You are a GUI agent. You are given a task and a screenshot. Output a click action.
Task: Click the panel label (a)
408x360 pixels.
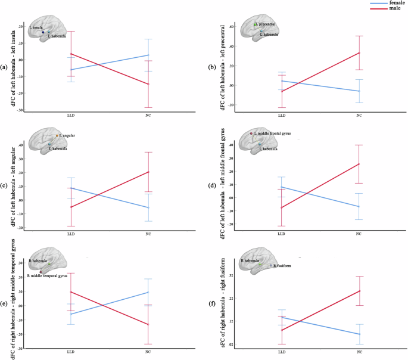(4, 67)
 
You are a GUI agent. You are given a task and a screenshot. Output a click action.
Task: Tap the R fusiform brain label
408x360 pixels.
(284, 266)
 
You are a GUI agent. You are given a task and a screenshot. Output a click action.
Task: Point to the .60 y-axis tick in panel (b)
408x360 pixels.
(230, 27)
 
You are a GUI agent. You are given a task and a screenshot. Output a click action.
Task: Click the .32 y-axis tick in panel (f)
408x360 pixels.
(230, 275)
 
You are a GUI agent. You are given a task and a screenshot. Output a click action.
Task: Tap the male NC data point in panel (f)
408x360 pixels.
(359, 291)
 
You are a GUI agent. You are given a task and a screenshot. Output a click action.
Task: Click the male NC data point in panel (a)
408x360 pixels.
(148, 84)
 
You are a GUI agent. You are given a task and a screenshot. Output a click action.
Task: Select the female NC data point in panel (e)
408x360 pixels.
(148, 292)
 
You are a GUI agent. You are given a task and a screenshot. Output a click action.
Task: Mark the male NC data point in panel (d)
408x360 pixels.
(359, 164)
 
